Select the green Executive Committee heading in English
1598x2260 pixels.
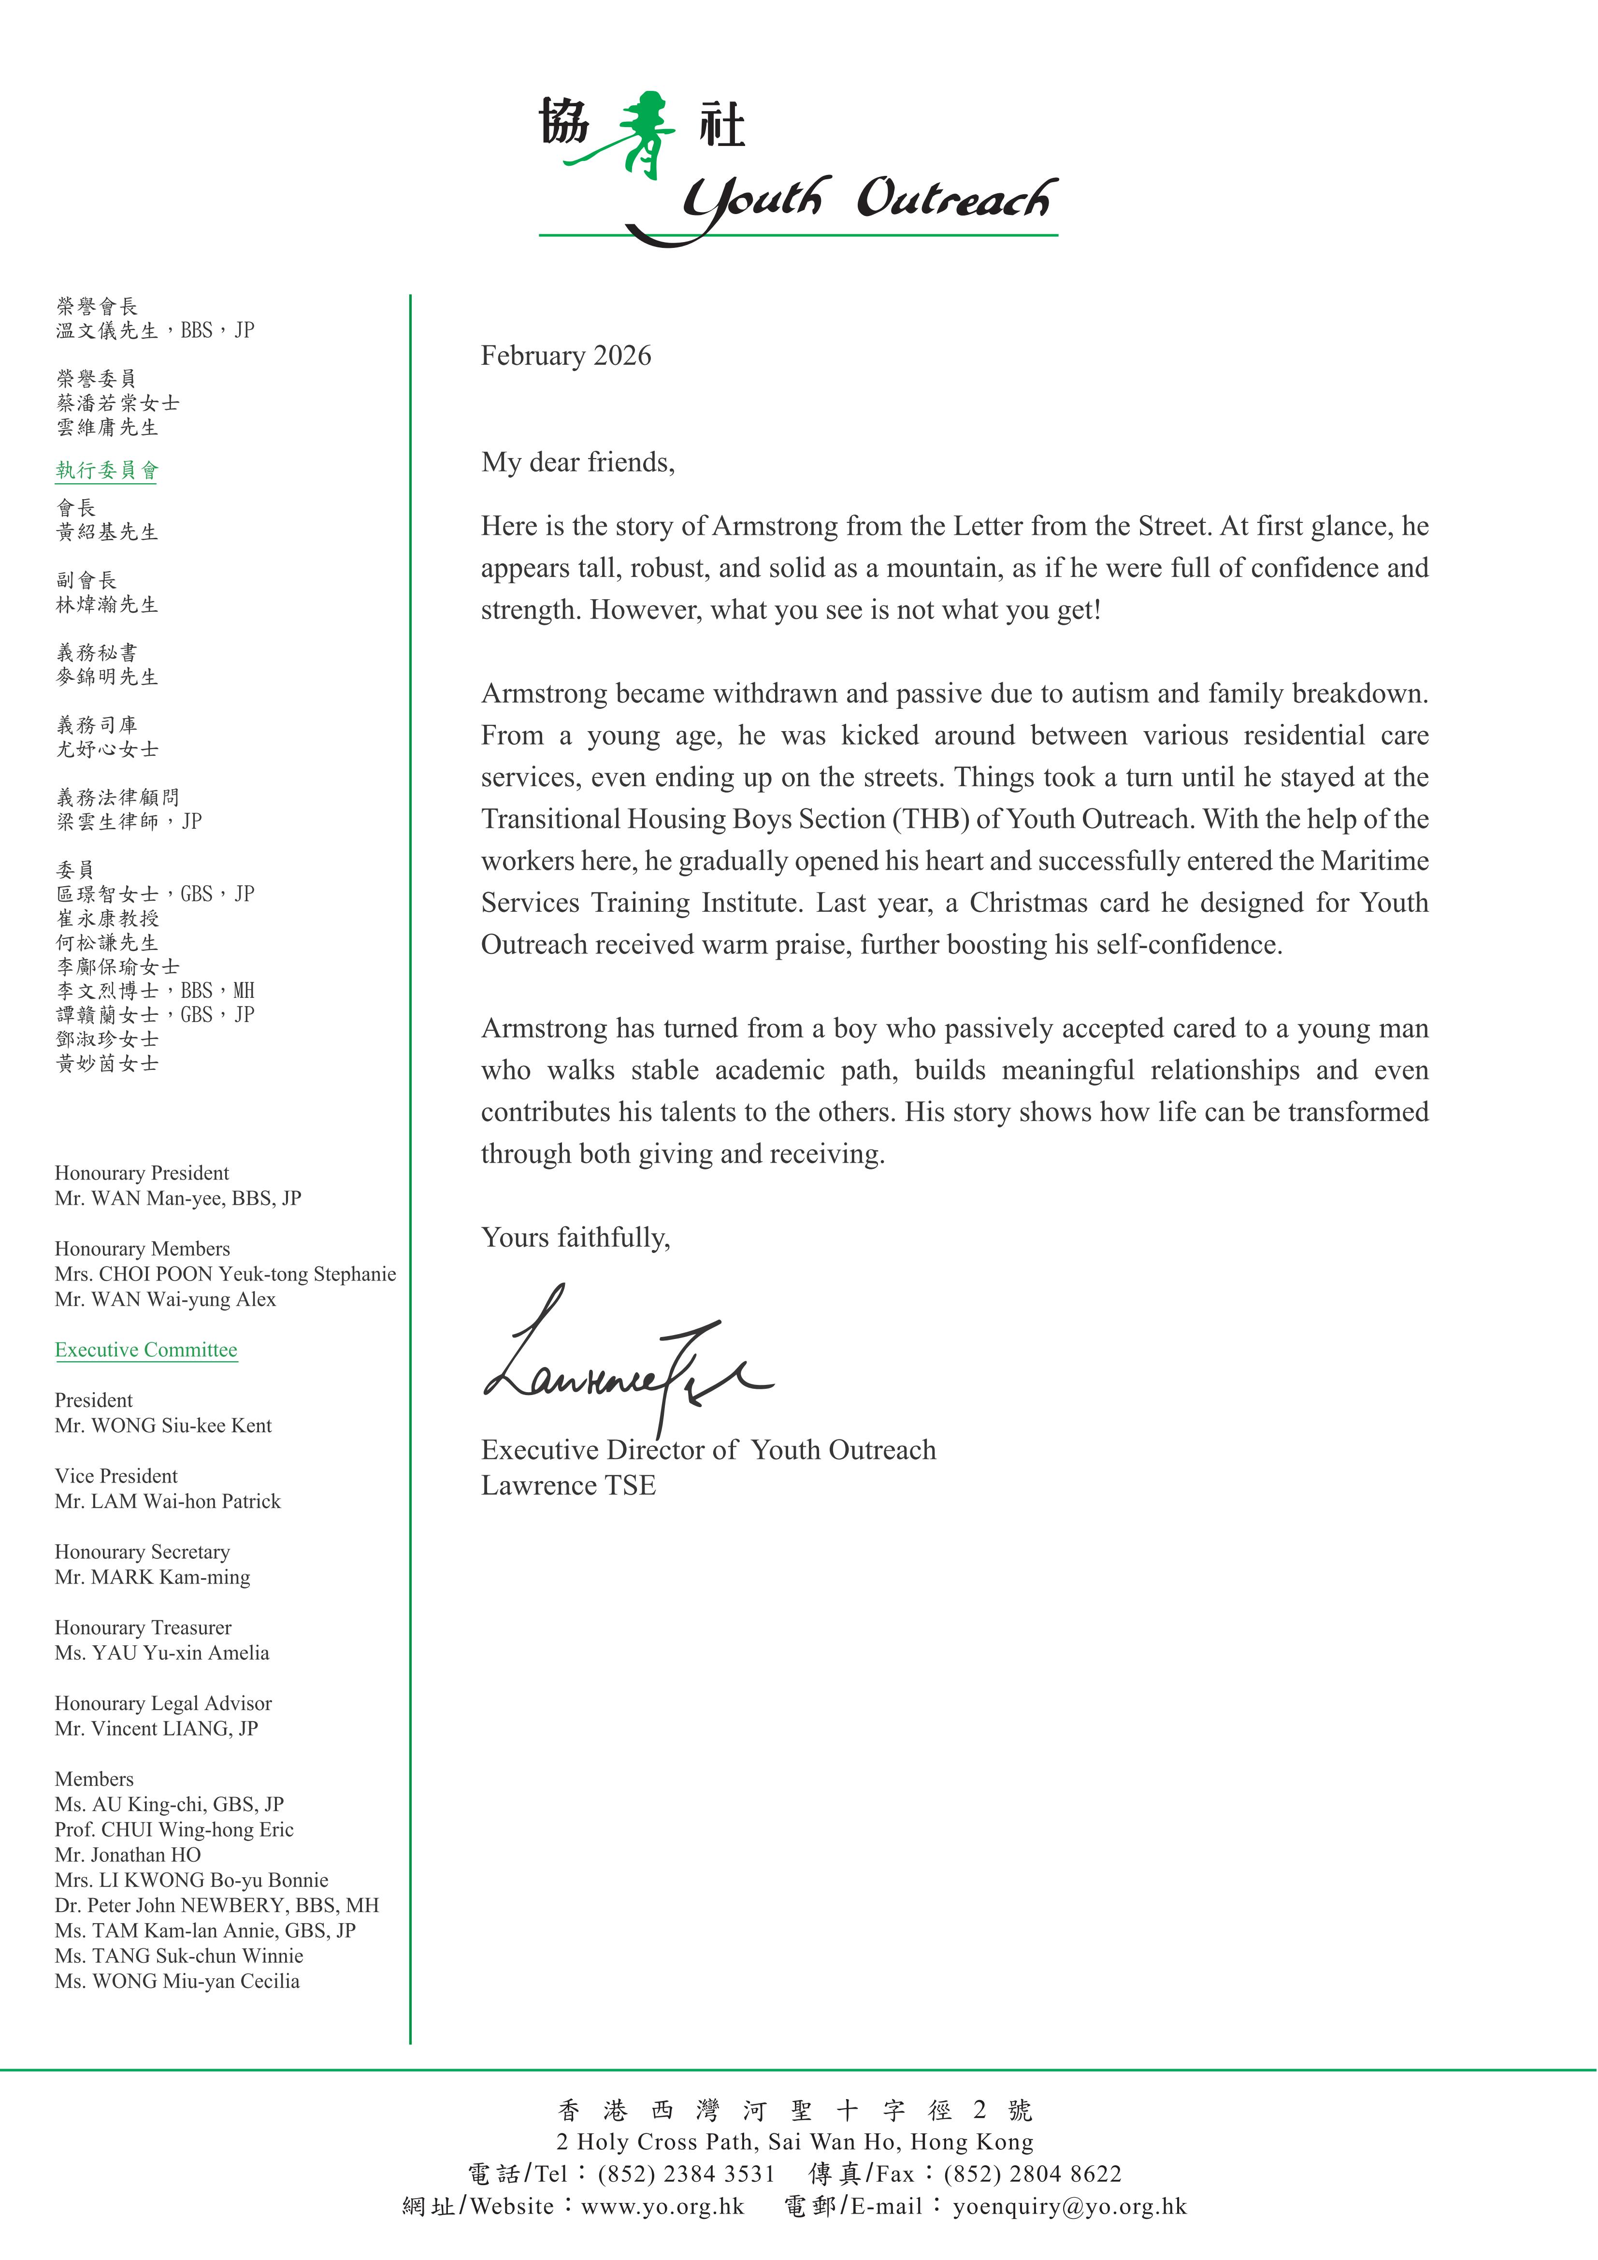click(146, 1350)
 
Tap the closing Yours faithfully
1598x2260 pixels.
click(575, 1238)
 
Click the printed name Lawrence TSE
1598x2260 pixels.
click(568, 1485)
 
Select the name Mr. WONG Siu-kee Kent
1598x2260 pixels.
click(163, 1425)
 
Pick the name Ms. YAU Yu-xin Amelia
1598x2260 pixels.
click(161, 1653)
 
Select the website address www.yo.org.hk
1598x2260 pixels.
click(662, 2206)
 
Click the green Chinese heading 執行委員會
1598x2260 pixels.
click(106, 471)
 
